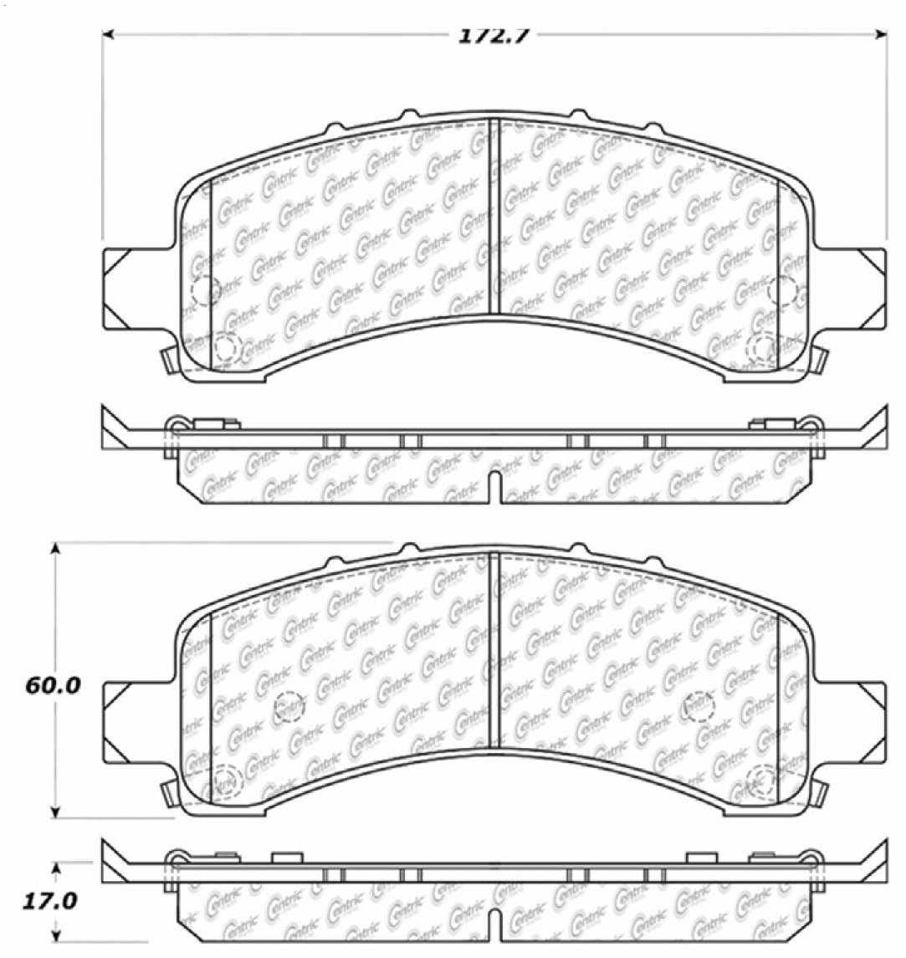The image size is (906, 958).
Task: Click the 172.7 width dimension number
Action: pyautogui.click(x=493, y=36)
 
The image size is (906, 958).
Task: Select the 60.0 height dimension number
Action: pyautogui.click(x=52, y=685)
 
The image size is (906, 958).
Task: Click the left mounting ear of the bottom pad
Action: pyautogui.click(x=125, y=720)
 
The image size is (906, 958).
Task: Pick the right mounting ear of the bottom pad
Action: pyautogui.click(x=862, y=720)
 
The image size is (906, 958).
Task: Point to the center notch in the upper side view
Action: pyautogui.click(x=494, y=488)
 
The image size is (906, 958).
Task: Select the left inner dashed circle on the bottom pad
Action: pyautogui.click(x=289, y=707)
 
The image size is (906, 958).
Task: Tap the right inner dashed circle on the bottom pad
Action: pyautogui.click(x=699, y=707)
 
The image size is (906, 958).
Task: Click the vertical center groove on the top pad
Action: pyautogui.click(x=494, y=218)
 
